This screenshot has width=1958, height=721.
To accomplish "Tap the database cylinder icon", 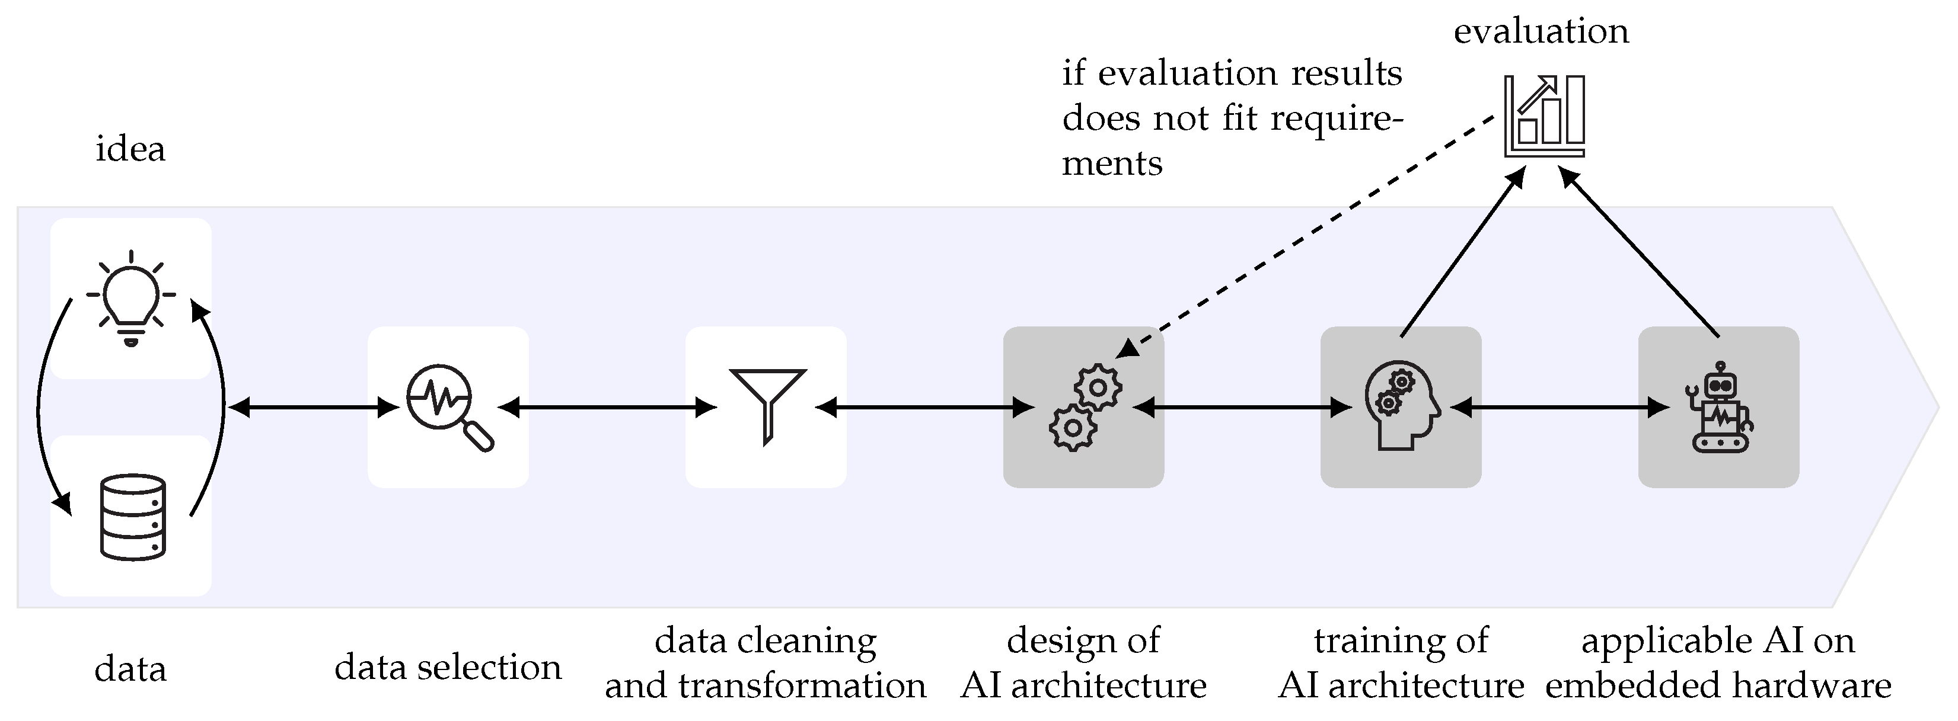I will click(x=133, y=517).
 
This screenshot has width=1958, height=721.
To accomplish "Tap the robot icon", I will click(x=1720, y=408).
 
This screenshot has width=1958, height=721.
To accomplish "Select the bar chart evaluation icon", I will click(x=1545, y=116).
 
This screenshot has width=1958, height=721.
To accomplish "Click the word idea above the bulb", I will click(x=130, y=149).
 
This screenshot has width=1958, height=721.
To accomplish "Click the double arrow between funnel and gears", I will click(x=925, y=408).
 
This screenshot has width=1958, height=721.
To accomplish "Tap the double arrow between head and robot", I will click(x=1560, y=408).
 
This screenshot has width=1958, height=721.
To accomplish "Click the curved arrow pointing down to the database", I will click(x=42, y=410).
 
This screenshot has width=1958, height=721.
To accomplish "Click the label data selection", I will click(x=448, y=668).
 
